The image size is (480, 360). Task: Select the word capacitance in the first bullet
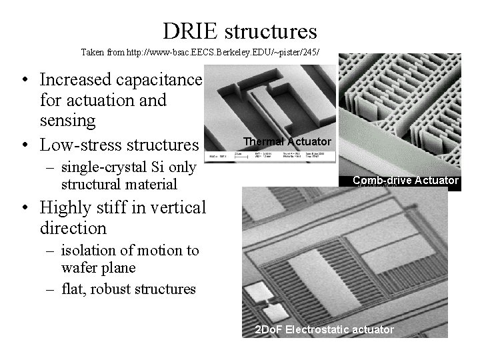(161, 80)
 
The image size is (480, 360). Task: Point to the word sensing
(69, 121)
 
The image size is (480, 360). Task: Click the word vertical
(173, 208)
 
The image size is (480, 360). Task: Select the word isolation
(87, 251)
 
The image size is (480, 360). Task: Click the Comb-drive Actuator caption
(405, 180)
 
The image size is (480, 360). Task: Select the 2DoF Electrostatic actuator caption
(325, 330)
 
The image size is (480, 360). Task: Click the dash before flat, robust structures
(52, 289)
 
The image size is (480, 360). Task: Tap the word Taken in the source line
(91, 51)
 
